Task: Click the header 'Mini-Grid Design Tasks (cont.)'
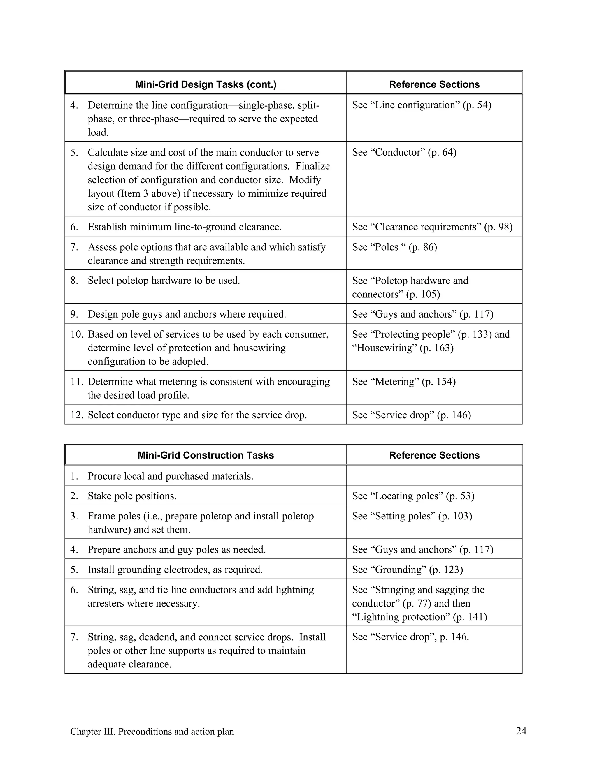click(x=206, y=84)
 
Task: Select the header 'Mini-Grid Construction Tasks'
click(x=206, y=455)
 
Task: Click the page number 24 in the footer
click(x=521, y=731)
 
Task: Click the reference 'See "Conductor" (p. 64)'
click(x=404, y=152)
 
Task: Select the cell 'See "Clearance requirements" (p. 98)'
click(x=432, y=227)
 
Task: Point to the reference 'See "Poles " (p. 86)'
click(x=394, y=247)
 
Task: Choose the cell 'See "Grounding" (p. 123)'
click(x=408, y=570)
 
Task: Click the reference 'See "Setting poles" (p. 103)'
click(x=412, y=516)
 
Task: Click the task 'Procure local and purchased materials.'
click(x=171, y=476)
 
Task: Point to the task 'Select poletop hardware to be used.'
click(x=164, y=281)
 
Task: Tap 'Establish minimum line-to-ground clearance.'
click(x=185, y=227)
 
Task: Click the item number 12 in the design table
click(x=76, y=415)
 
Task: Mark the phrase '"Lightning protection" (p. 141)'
click(x=419, y=617)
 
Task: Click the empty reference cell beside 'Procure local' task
click(x=434, y=475)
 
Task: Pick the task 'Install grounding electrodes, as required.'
click(x=175, y=570)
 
